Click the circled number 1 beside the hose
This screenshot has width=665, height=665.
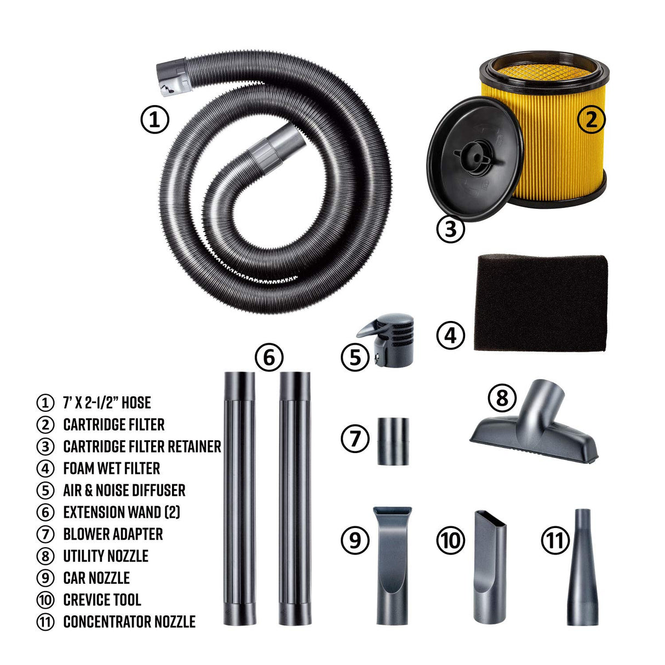click(x=154, y=120)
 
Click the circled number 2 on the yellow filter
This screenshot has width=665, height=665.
click(x=591, y=120)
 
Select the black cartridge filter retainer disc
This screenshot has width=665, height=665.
click(x=475, y=159)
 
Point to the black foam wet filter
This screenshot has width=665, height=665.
click(x=541, y=302)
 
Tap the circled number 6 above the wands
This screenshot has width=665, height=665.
click(x=269, y=357)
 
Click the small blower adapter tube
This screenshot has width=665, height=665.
click(x=393, y=442)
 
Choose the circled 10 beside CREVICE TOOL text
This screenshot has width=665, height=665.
click(x=45, y=600)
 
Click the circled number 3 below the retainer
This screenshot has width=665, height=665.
click(x=451, y=228)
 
